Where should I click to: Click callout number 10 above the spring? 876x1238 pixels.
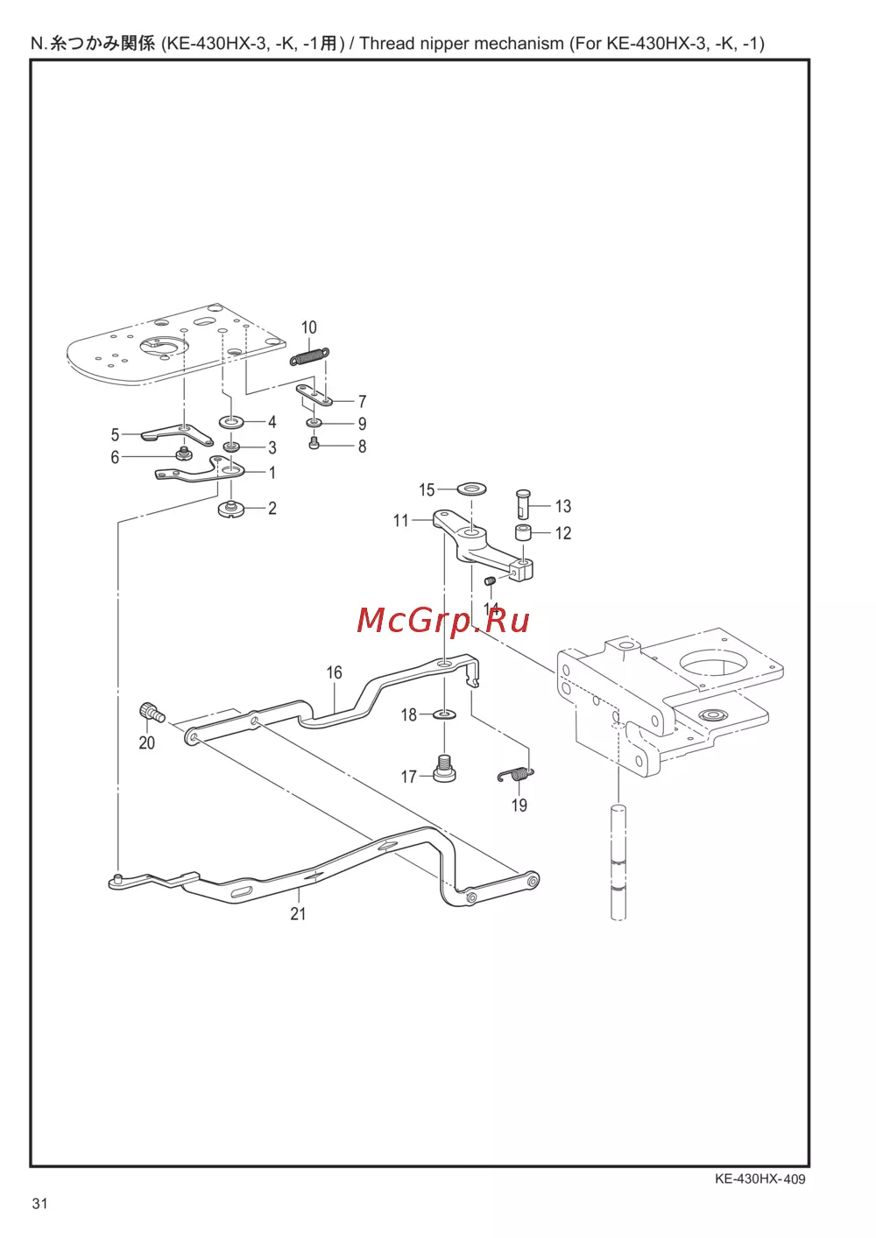pyautogui.click(x=309, y=327)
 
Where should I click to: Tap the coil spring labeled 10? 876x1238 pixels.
pyautogui.click(x=309, y=357)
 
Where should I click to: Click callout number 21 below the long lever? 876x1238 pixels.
pyautogui.click(x=298, y=913)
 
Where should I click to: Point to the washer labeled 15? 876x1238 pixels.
pyautogui.click(x=473, y=487)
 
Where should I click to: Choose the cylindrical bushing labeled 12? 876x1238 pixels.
pyautogui.click(x=523, y=532)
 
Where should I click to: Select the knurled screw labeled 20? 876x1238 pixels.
pyautogui.click(x=151, y=713)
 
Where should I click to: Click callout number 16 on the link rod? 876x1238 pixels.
pyautogui.click(x=334, y=672)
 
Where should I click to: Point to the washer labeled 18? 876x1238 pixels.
pyautogui.click(x=445, y=714)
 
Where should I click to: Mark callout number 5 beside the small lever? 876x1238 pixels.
pyautogui.click(x=115, y=434)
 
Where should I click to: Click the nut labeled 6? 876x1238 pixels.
pyautogui.click(x=183, y=454)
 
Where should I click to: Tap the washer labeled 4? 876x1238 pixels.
pyautogui.click(x=231, y=422)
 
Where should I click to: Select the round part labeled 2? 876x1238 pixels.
pyautogui.click(x=230, y=508)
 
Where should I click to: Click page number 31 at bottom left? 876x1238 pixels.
pyautogui.click(x=39, y=1203)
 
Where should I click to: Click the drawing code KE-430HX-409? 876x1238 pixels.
pyautogui.click(x=759, y=1178)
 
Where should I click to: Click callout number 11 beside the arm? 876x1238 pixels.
pyautogui.click(x=401, y=521)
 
